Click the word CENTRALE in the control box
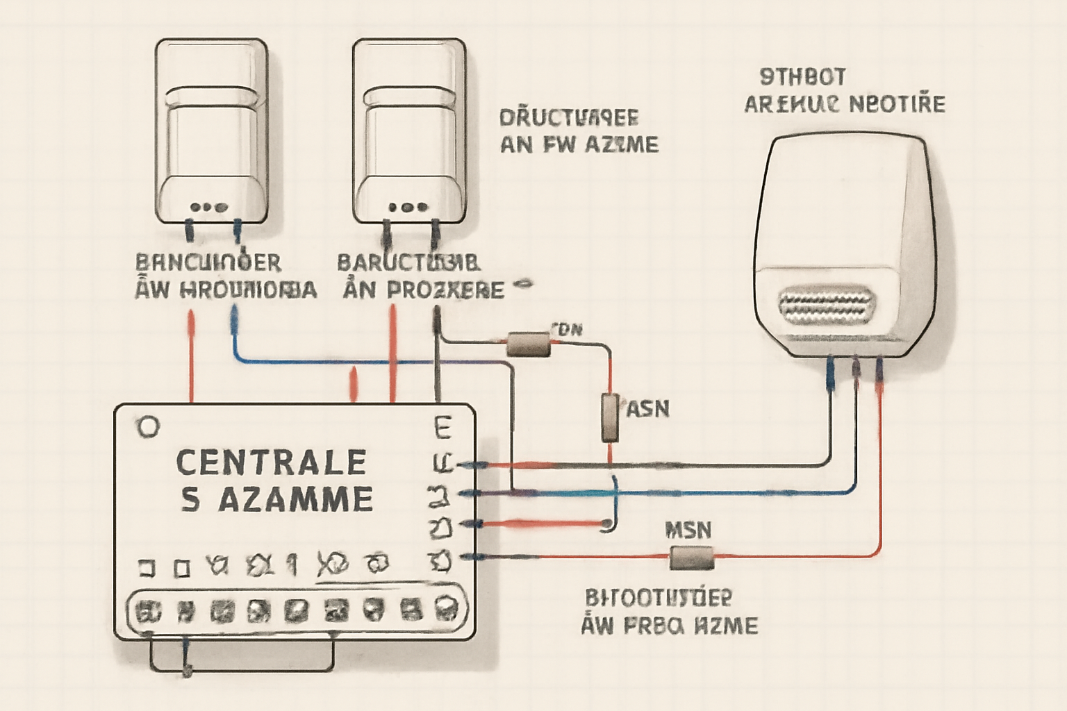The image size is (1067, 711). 271,462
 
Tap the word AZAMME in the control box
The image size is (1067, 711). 296,499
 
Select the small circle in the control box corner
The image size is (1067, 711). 148,427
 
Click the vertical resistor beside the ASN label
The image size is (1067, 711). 610,417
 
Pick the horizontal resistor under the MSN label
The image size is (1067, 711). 691,557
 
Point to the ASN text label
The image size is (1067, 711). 648,409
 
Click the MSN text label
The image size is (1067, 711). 688,530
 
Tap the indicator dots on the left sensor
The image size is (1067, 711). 208,207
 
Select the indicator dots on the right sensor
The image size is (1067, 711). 408,207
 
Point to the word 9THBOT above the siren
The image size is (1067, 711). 802,76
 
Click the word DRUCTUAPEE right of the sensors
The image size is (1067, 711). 569,117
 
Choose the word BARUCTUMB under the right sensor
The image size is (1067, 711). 408,263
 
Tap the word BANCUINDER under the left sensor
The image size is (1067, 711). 208,262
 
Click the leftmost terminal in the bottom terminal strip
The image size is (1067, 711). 148,611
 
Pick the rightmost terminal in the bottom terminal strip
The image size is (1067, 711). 445,610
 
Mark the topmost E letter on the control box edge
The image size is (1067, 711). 442,427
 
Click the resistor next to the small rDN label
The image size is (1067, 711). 529,344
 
